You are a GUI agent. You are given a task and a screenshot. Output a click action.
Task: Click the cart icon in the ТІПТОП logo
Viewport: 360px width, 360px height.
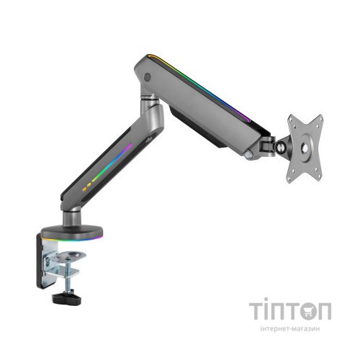coord(303,312)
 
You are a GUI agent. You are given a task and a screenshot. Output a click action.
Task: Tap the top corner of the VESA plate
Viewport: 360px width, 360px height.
coord(294,114)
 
